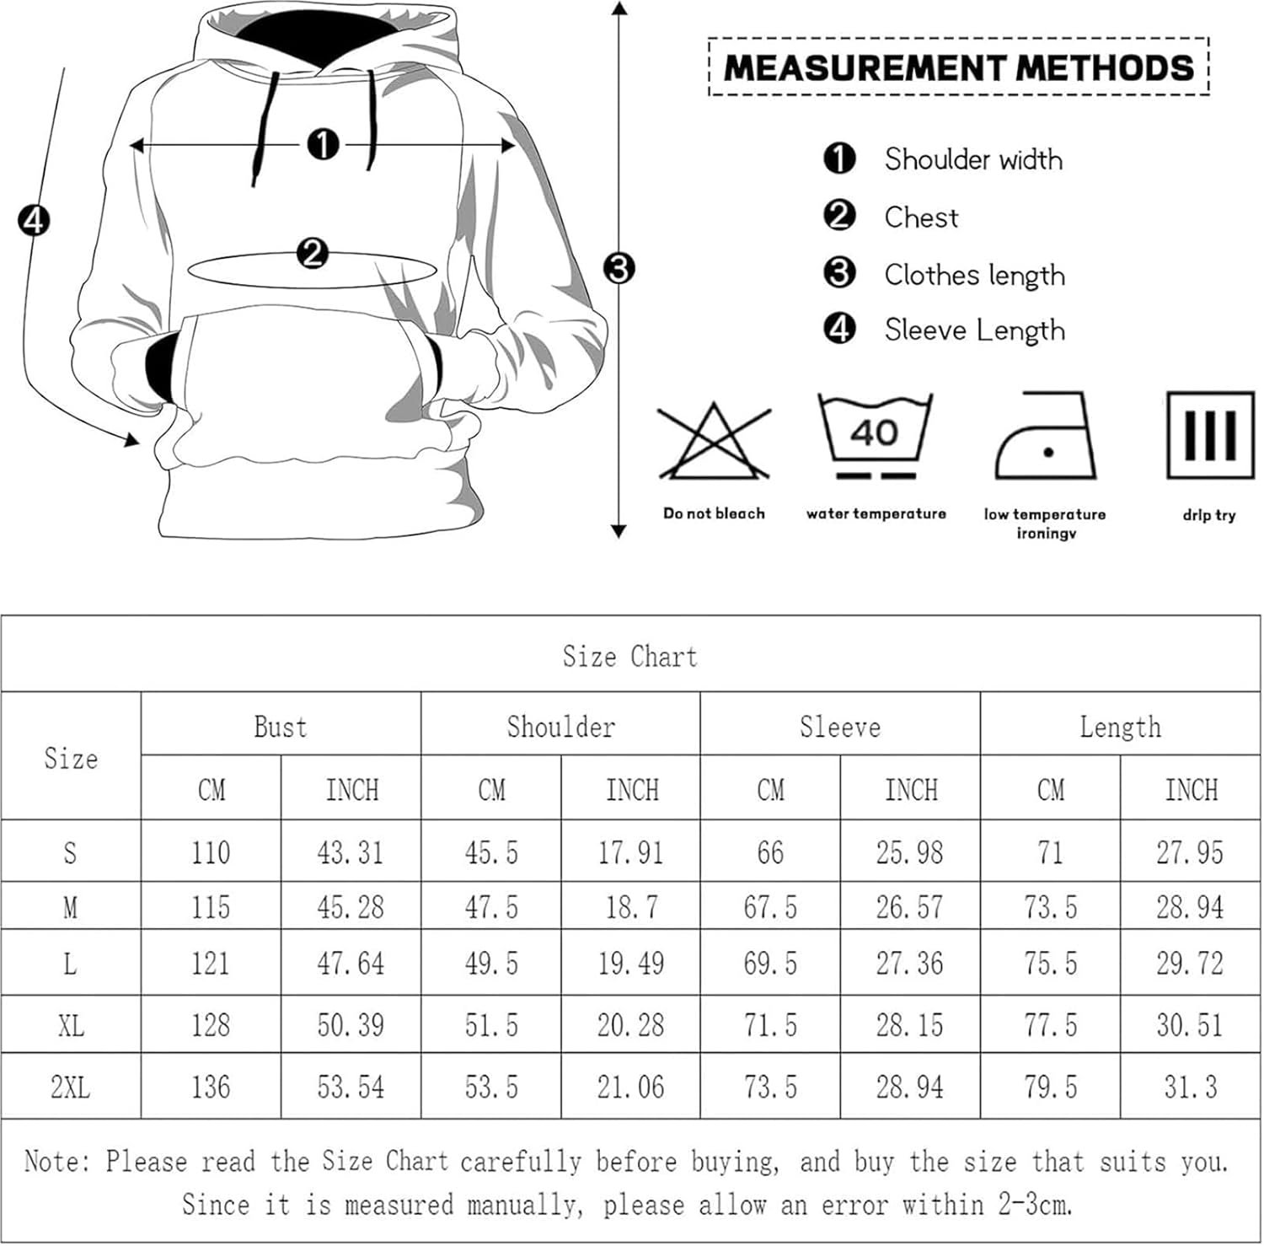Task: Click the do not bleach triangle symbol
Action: click(x=714, y=443)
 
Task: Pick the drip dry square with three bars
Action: click(x=1209, y=435)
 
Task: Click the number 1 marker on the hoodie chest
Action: click(x=323, y=145)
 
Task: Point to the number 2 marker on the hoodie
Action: click(x=313, y=252)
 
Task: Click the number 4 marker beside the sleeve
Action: click(x=34, y=220)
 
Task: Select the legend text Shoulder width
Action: click(x=973, y=159)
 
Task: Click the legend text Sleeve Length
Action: click(x=974, y=330)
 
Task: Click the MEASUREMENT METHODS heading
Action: click(x=959, y=67)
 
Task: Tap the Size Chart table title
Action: click(x=630, y=656)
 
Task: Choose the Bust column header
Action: click(x=281, y=727)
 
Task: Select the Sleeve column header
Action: click(x=840, y=727)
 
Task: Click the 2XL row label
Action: click(x=71, y=1087)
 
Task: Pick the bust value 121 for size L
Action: click(x=211, y=963)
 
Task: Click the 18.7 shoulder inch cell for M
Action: click(x=631, y=907)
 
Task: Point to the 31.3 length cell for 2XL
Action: click(x=1190, y=1087)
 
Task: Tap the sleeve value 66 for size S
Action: click(x=770, y=852)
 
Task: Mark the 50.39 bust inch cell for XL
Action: click(x=351, y=1025)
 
